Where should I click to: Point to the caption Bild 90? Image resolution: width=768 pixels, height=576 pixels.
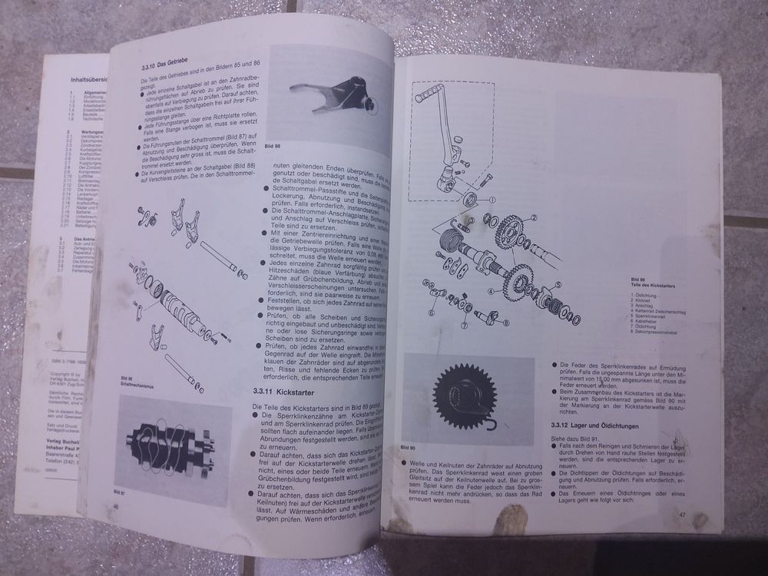click(413, 445)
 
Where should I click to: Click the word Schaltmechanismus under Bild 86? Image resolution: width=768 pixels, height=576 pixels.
click(137, 385)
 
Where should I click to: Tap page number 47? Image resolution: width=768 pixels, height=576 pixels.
click(681, 514)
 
